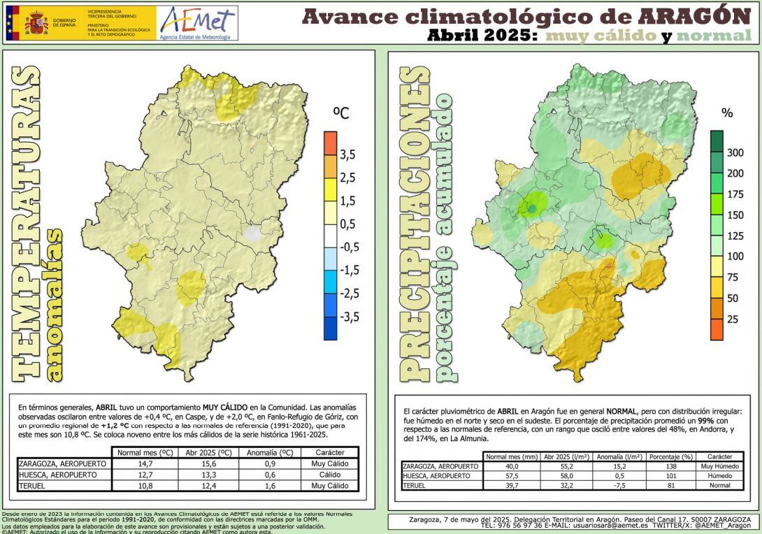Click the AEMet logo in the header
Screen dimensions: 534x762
point(197,23)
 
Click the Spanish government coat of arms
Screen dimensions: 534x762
point(36,24)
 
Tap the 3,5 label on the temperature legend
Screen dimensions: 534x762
point(347,154)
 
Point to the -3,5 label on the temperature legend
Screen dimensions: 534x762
point(349,317)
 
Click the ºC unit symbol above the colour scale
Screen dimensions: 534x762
point(340,113)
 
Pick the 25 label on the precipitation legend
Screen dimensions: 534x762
point(733,319)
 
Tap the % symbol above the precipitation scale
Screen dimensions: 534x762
point(727,113)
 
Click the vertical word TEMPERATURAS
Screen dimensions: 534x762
point(27,224)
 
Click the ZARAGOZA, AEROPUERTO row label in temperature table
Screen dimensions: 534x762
point(63,463)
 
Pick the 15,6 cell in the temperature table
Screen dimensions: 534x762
point(208,463)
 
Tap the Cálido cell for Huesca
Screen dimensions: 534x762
point(329,475)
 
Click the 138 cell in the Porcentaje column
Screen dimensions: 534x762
point(671,466)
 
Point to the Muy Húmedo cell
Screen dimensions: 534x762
point(719,466)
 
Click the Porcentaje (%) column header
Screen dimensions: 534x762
point(671,456)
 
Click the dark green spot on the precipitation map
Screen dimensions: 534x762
point(531,208)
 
